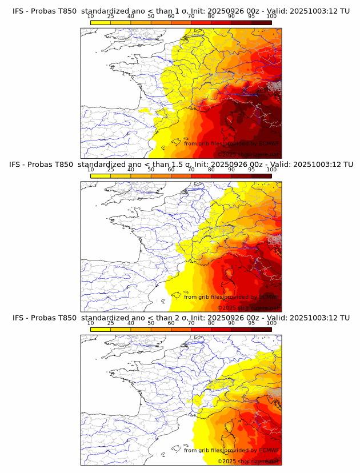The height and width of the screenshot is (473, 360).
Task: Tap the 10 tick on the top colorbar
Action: coord(91,16)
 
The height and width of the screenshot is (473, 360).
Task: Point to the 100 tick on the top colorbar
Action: coord(271,16)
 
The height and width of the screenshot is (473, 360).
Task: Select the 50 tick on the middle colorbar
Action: coord(151,170)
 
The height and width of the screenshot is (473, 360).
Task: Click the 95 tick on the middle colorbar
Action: coord(251,170)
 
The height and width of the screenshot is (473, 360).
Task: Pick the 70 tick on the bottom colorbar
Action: coord(191,323)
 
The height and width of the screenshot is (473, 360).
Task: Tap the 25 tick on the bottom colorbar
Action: coord(111,323)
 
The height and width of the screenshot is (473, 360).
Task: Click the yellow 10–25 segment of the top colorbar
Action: coord(101,22)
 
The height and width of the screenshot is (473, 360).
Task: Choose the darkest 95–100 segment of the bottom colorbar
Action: coord(261,329)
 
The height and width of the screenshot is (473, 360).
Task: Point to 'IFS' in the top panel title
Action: coord(19,10)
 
